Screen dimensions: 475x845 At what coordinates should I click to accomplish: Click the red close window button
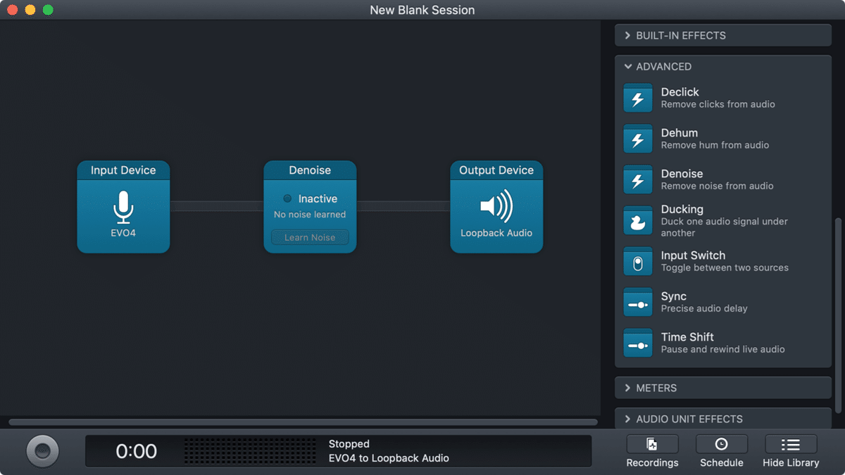[x=12, y=10]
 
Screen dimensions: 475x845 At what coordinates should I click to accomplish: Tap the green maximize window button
[x=48, y=10]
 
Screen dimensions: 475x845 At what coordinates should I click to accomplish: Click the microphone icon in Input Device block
[x=123, y=206]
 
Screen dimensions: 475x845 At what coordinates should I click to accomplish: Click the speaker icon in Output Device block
[x=496, y=206]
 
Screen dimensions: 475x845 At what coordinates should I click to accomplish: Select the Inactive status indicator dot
[x=287, y=198]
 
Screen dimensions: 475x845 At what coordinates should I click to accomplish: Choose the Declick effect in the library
[x=680, y=92]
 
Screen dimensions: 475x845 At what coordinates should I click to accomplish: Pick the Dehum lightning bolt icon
[x=638, y=139]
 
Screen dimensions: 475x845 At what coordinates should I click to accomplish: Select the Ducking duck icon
[x=638, y=221]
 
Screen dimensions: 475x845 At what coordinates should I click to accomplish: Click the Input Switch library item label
[x=693, y=255]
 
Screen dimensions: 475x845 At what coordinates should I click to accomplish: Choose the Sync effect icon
[x=638, y=303]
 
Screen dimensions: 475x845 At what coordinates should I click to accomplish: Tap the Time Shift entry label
[x=687, y=337]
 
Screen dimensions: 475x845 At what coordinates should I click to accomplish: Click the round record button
[x=42, y=451]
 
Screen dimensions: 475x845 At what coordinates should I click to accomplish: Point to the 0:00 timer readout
[x=136, y=451]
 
